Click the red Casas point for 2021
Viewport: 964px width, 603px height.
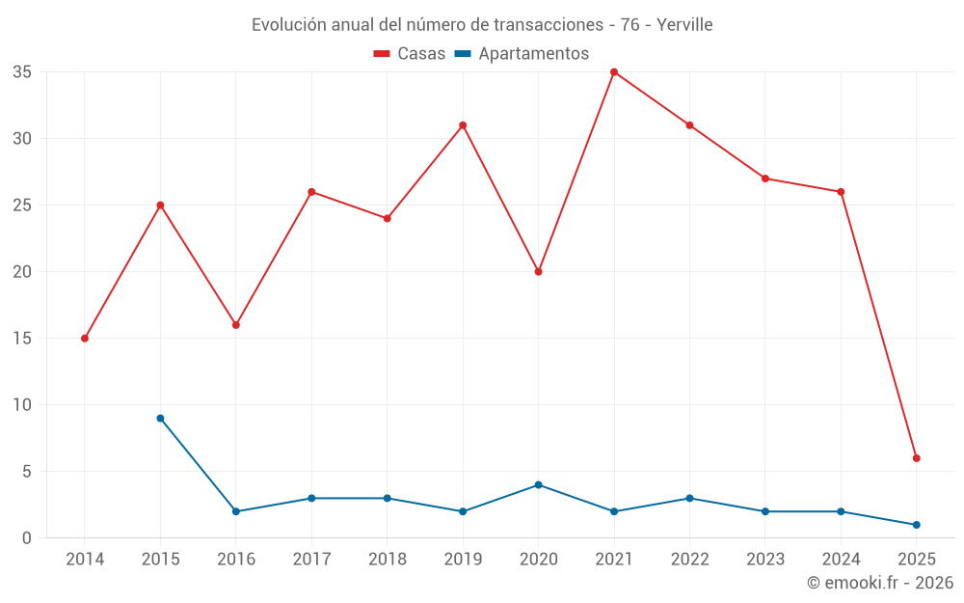[x=614, y=72]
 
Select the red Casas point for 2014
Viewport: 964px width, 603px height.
[x=85, y=339]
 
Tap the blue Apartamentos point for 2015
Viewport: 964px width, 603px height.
[x=160, y=419]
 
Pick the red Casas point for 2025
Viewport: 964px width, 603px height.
[x=916, y=458]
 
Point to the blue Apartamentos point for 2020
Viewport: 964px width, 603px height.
[x=538, y=485]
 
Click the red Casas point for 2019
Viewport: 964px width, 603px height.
[x=463, y=125]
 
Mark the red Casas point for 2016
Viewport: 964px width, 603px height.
[x=236, y=325]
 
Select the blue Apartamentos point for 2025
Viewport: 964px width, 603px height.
[x=916, y=525]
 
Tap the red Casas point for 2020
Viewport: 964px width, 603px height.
[x=538, y=272]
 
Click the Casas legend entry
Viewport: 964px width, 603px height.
[x=410, y=54]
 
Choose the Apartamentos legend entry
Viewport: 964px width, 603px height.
[x=522, y=54]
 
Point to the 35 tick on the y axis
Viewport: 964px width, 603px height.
[x=22, y=72]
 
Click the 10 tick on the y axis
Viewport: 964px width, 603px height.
[x=22, y=405]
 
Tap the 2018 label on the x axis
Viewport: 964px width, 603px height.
[x=387, y=560]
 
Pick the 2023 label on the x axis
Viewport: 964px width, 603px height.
[x=764, y=560]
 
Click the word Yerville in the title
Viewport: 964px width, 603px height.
[x=684, y=25]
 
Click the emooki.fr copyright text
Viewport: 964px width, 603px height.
[x=880, y=583]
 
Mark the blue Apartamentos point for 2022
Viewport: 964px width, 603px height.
[x=689, y=499]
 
